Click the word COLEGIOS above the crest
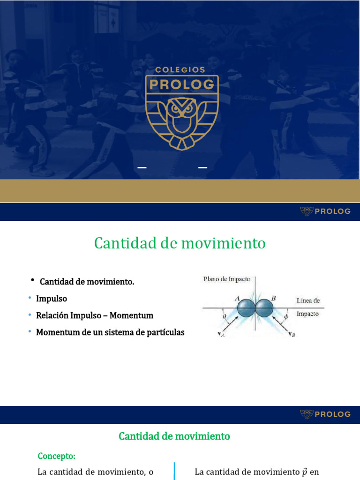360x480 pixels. coord(180,69)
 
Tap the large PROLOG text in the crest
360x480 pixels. coord(181,84)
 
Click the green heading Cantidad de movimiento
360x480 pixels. coord(180,243)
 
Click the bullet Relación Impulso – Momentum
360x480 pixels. coord(95,315)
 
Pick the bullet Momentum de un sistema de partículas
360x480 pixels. coord(110,332)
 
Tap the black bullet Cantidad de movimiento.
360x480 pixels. coord(87,282)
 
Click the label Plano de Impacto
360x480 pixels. coord(226,279)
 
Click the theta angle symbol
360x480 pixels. coord(224,316)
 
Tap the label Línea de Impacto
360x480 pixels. coord(308,307)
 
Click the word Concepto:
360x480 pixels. coord(56,456)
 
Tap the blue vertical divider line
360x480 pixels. coord(174,470)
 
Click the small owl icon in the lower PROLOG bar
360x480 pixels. coord(307,414)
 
